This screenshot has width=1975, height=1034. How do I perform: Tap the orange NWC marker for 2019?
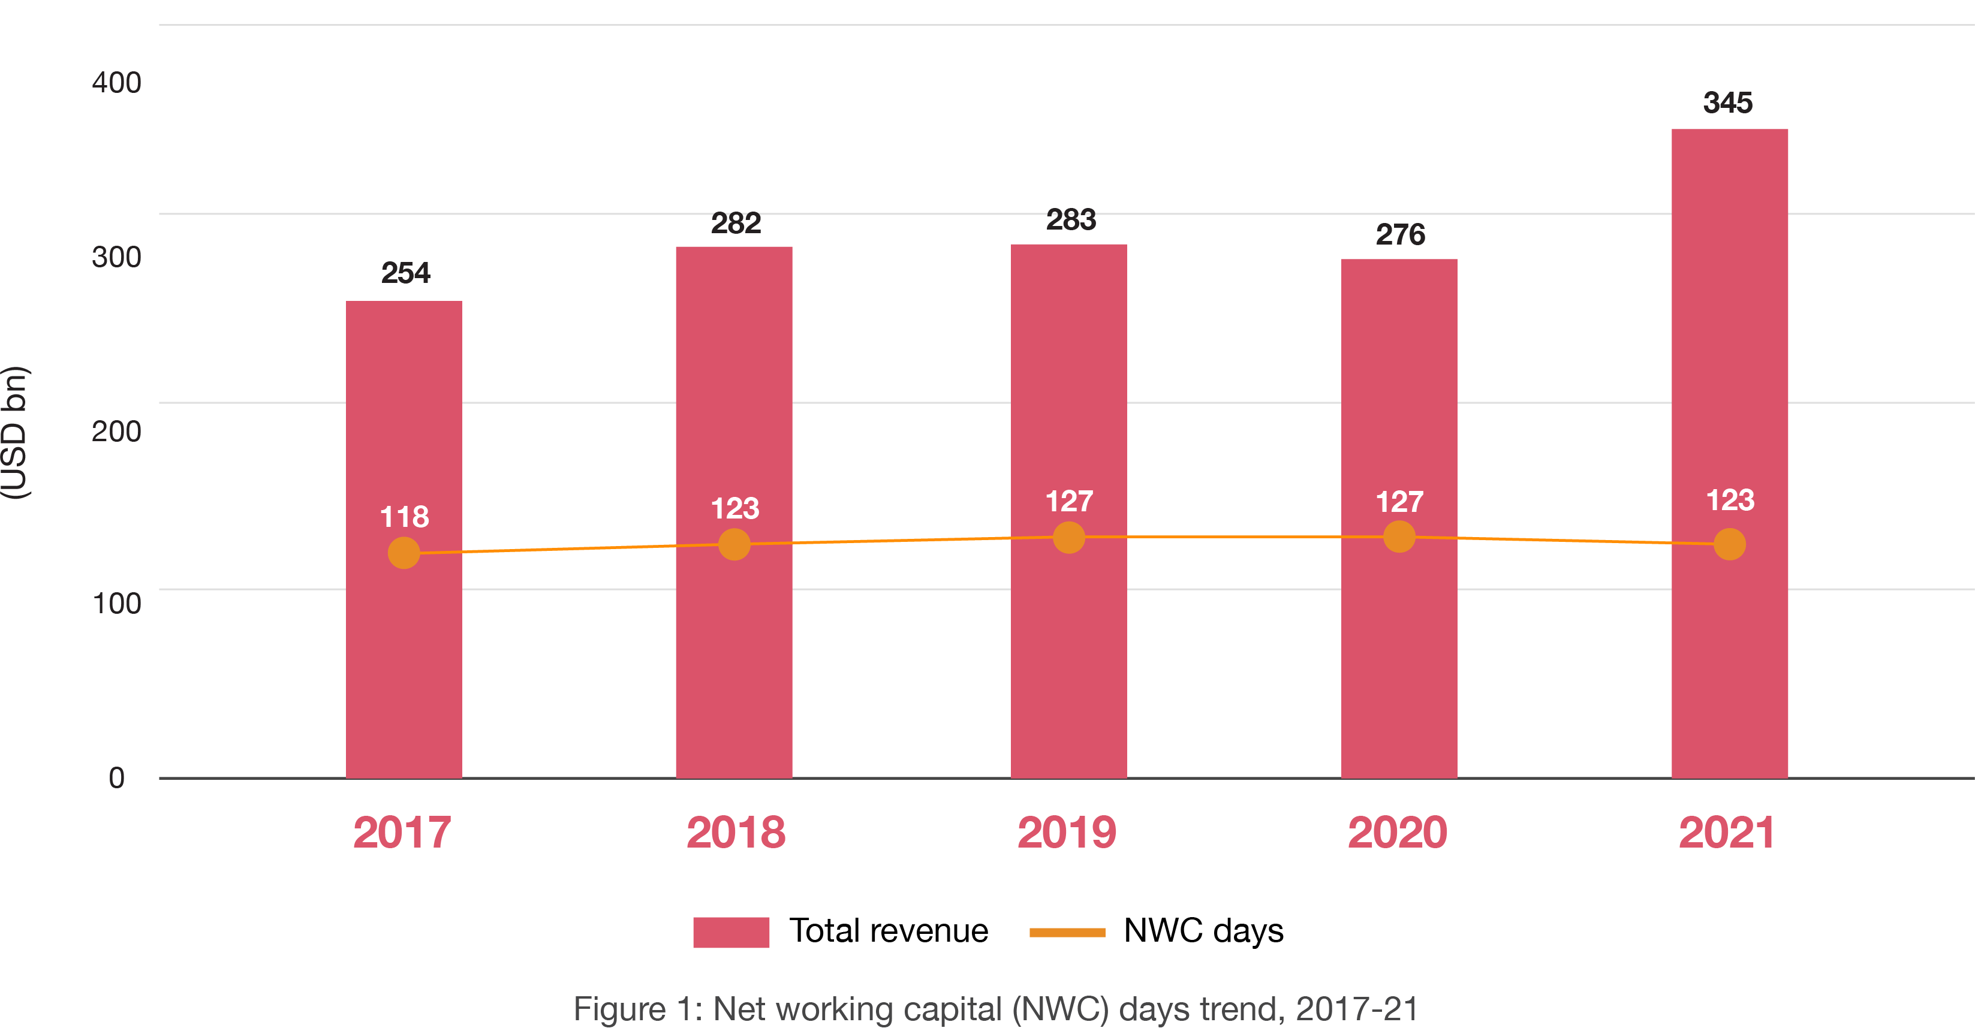1069,537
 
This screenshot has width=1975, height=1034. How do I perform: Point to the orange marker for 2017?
404,553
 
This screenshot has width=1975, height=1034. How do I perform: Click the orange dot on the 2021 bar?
1730,544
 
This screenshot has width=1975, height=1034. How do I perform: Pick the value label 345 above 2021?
1728,103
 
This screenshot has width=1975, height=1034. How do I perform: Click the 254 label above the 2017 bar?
405,273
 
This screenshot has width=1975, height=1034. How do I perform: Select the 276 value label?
1400,234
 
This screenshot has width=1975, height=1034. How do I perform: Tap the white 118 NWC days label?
405,517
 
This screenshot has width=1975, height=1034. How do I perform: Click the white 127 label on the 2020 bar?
1399,502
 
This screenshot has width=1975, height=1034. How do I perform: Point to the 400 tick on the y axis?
116,83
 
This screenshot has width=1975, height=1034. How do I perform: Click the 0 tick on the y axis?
116,778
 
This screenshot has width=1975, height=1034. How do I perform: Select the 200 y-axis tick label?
116,431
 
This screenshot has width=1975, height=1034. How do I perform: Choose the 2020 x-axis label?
1398,833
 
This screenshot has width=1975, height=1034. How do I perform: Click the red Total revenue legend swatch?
731,932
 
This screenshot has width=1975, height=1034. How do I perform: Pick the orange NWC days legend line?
1067,932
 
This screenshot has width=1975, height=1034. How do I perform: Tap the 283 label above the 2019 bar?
1071,220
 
